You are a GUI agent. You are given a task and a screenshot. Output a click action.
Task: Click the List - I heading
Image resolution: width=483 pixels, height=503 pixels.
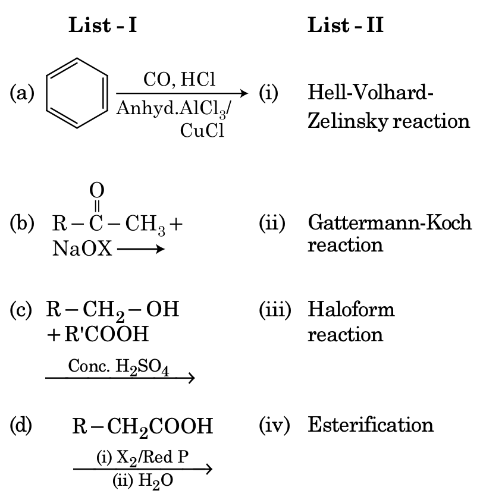point(103,25)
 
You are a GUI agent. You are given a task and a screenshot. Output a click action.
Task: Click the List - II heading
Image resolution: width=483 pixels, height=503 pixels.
point(346,25)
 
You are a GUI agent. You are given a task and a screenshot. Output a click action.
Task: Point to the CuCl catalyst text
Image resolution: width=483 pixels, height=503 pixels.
point(202,131)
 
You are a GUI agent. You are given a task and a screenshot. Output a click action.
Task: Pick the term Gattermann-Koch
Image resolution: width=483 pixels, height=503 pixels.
point(390,222)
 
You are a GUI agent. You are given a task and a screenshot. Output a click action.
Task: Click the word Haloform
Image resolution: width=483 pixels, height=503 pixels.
point(351,309)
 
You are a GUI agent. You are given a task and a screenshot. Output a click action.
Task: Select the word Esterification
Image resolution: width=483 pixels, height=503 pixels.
point(371,425)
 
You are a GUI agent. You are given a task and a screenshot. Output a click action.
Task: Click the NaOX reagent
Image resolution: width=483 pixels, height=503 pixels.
point(81,249)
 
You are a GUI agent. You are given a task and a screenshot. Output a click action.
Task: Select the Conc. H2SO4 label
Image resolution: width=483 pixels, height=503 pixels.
point(119,367)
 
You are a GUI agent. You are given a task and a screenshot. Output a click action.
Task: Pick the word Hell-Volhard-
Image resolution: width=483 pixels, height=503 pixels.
point(371,93)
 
